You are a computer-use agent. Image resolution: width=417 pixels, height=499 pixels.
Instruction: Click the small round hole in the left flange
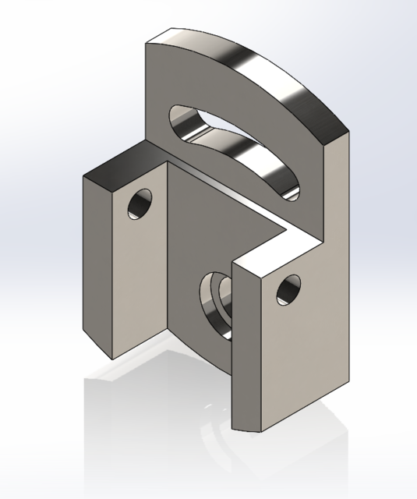[x=142, y=205]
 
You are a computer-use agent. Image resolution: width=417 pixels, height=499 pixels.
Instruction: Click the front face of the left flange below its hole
[x=140, y=288]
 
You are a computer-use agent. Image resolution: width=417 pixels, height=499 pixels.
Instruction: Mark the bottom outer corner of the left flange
[x=112, y=359]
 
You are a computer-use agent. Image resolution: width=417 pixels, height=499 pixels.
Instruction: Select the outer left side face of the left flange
[x=97, y=265]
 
